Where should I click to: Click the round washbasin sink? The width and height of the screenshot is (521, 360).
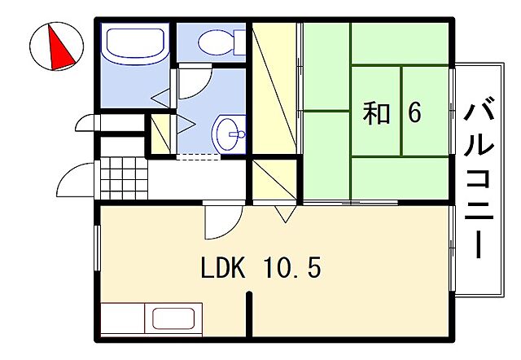(229, 131)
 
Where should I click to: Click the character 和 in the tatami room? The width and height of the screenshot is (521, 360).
(376, 113)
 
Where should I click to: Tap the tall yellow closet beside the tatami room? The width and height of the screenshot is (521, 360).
(273, 90)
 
